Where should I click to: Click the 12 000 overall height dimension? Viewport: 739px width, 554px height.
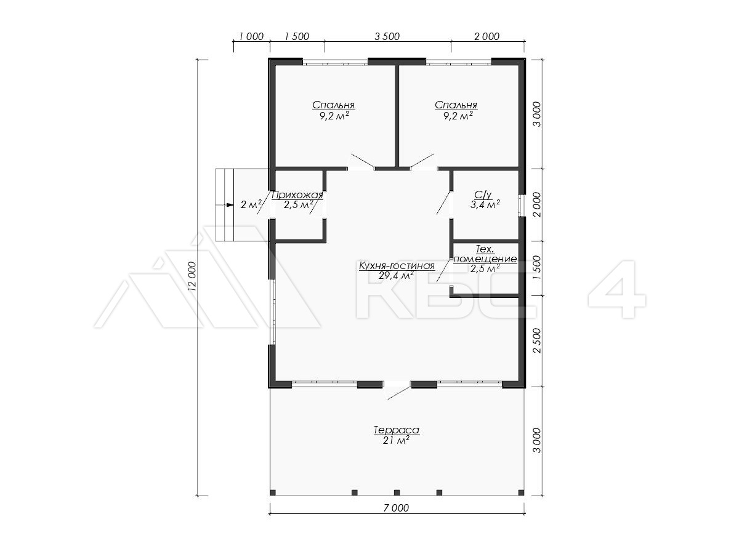click(x=192, y=276)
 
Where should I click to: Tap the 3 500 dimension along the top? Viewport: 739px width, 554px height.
click(x=387, y=36)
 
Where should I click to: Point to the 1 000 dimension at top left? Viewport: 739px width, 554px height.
click(x=251, y=36)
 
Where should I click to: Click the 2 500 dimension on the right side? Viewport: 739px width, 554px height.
click(x=538, y=341)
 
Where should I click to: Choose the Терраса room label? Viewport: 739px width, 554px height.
click(x=397, y=430)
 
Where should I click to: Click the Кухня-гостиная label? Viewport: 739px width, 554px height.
click(x=397, y=266)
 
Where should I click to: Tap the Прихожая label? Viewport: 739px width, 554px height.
click(x=297, y=195)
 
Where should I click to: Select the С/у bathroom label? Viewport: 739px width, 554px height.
click(x=483, y=195)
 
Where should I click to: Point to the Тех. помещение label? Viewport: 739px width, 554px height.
click(x=485, y=254)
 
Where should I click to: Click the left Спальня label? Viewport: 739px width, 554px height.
click(x=333, y=105)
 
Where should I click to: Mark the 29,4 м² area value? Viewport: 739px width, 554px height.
click(x=396, y=276)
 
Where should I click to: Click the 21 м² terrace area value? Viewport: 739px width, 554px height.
click(x=396, y=440)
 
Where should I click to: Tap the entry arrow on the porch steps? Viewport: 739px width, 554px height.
click(x=230, y=205)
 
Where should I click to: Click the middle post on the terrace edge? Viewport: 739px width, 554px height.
click(x=397, y=492)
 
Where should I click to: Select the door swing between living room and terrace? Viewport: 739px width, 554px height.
click(x=399, y=393)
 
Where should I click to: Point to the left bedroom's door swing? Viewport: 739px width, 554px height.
click(x=363, y=161)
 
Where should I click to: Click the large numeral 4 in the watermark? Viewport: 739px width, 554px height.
click(x=617, y=289)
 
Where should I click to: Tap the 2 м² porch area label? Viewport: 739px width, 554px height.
click(x=251, y=204)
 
